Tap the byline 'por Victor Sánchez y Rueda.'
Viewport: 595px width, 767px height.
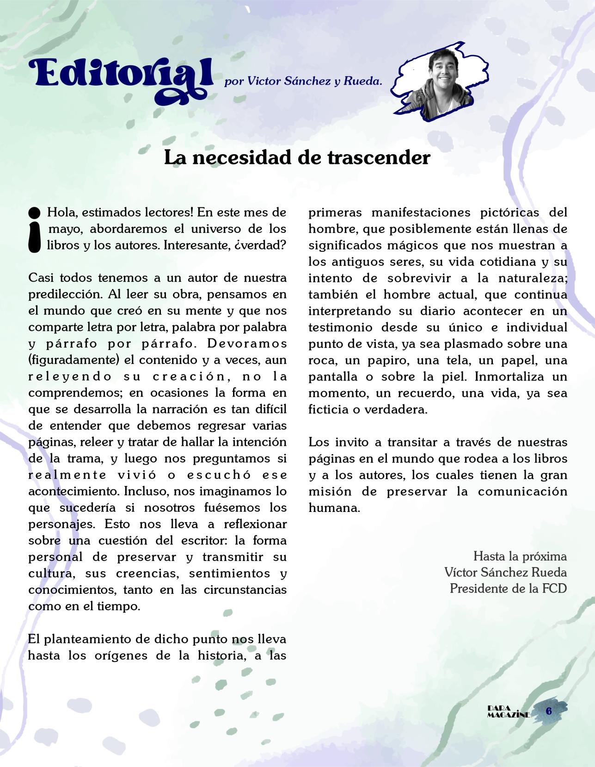303,81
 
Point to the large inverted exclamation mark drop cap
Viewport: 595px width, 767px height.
35,230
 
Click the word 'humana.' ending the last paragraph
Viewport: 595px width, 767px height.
334,507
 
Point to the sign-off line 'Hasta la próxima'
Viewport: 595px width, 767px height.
520,555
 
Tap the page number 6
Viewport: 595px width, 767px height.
549,711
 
